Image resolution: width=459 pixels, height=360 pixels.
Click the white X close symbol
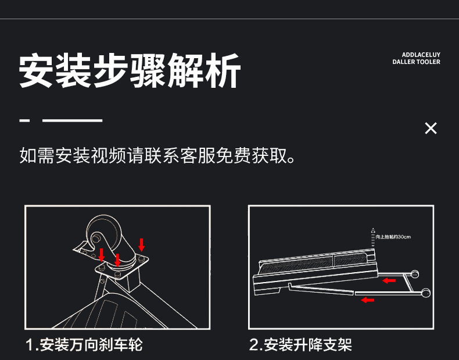[x=431, y=129]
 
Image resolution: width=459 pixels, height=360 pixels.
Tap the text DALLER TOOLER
[x=416, y=62]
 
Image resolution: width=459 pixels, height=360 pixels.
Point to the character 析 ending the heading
[x=223, y=72]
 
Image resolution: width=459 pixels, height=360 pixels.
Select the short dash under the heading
[x=24, y=121]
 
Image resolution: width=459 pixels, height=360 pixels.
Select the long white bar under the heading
[x=73, y=121]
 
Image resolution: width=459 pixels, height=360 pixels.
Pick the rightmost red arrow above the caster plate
[x=141, y=244]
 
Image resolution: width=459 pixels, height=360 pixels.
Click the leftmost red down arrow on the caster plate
[x=102, y=254]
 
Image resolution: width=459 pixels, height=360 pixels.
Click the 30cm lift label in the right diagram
[x=393, y=237]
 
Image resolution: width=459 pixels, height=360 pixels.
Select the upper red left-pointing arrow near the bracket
[x=389, y=280]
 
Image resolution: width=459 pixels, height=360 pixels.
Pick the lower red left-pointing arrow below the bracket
[x=367, y=300]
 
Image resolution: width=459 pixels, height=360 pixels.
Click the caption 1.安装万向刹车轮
[x=84, y=345]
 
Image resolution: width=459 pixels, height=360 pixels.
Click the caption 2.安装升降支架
[x=300, y=345]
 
